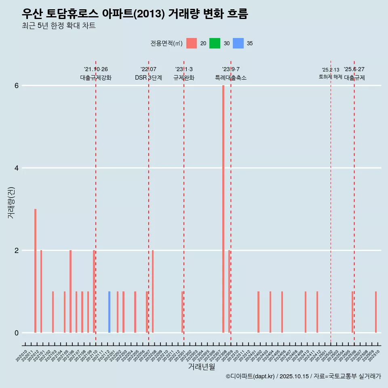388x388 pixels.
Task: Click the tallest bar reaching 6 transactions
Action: pyautogui.click(x=223, y=209)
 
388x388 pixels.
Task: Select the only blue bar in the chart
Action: pyautogui.click(x=109, y=312)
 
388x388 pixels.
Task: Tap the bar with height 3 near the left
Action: pyautogui.click(x=35, y=271)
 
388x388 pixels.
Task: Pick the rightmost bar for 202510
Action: pyautogui.click(x=375, y=312)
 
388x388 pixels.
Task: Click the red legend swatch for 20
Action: pyautogui.click(x=192, y=43)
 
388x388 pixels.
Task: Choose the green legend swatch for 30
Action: pyautogui.click(x=215, y=43)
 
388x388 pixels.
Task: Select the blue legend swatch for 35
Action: pyautogui.click(x=238, y=43)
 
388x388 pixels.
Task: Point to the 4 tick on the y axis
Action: pyautogui.click(x=17, y=168)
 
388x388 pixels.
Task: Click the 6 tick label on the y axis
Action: pyautogui.click(x=17, y=86)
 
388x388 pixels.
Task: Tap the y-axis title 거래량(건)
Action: pyautogui.click(x=11, y=202)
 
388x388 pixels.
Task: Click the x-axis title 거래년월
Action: pyautogui.click(x=201, y=367)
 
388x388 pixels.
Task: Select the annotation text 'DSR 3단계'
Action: pyautogui.click(x=148, y=78)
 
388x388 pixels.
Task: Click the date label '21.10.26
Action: pyautogui.click(x=96, y=70)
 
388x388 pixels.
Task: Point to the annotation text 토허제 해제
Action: pyautogui.click(x=331, y=77)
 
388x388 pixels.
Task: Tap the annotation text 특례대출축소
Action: pyautogui.click(x=230, y=78)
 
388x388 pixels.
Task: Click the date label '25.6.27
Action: pyautogui.click(x=354, y=70)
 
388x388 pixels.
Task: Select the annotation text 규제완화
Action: pyautogui.click(x=184, y=78)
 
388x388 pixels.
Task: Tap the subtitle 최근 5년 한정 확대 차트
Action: pyautogui.click(x=59, y=26)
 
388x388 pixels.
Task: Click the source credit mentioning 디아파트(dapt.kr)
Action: pyautogui.click(x=303, y=376)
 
